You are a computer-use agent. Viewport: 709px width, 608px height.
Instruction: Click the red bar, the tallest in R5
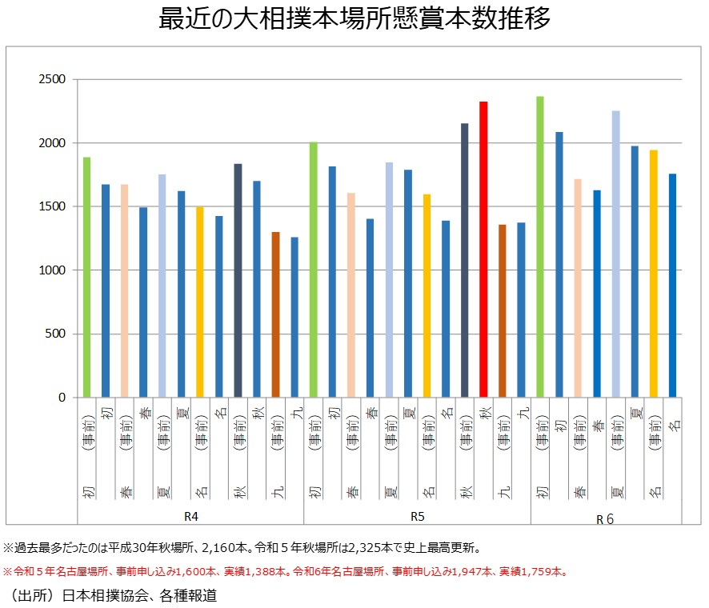[483, 250]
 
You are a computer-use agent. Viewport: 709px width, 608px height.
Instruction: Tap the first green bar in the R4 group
[86, 277]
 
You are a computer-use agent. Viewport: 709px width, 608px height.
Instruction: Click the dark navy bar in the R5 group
[465, 260]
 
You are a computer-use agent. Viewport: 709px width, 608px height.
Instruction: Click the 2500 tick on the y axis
[54, 80]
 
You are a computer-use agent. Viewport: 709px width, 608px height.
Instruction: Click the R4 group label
[190, 516]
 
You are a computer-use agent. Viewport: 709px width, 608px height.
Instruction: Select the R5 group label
[417, 516]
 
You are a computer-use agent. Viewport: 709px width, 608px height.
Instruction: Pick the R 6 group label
[605, 518]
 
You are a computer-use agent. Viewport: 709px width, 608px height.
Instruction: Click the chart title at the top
[354, 19]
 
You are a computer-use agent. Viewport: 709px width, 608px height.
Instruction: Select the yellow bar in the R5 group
[427, 295]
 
